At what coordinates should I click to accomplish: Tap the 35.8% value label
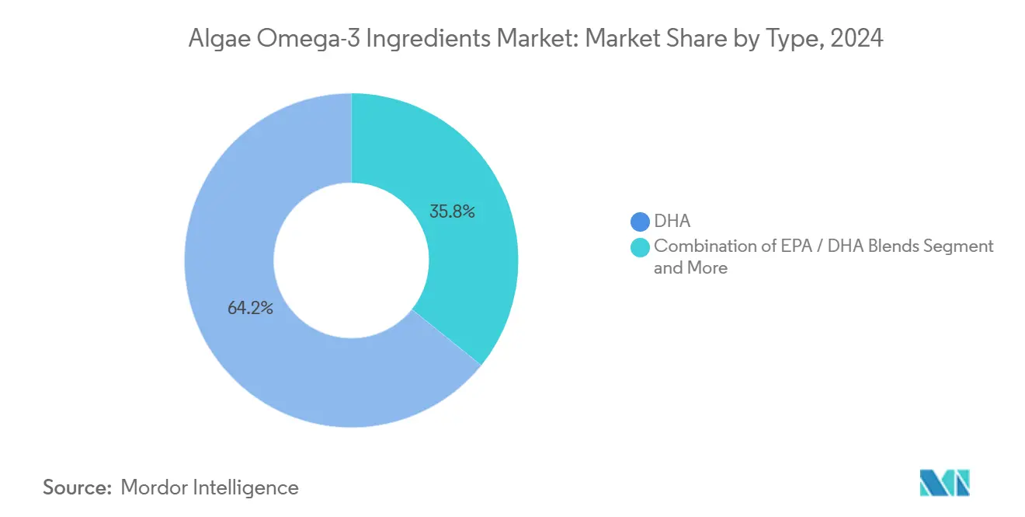tap(452, 211)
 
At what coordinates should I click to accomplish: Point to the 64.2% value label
tap(250, 308)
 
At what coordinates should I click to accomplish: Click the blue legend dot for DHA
tap(641, 222)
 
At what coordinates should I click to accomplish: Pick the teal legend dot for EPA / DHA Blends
tap(641, 247)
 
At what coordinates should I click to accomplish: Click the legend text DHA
tap(672, 222)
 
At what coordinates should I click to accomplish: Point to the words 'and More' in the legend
tap(690, 268)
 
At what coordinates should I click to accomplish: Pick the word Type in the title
tap(782, 38)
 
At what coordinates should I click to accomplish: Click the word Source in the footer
tap(76, 487)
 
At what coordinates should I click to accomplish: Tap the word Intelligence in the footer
tap(247, 487)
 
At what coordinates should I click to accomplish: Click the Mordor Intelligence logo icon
tap(944, 483)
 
